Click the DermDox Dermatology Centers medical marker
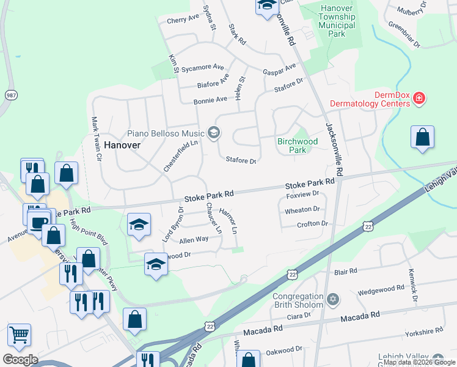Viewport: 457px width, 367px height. point(419,98)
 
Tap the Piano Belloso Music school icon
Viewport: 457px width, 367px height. point(214,132)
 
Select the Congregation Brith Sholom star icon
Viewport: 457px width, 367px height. point(332,300)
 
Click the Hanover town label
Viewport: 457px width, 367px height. point(122,145)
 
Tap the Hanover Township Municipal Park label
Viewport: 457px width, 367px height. point(337,21)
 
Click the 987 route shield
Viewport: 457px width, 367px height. point(11,96)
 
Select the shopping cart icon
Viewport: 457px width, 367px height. point(20,335)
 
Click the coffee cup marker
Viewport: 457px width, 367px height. point(38,221)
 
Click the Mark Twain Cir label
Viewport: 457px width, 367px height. point(96,139)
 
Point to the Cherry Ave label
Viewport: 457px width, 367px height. point(183,20)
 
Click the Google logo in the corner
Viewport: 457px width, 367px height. point(21,360)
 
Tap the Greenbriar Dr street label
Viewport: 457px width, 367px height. point(404,35)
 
